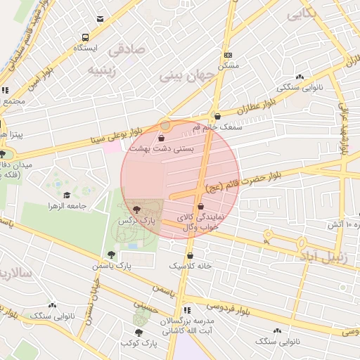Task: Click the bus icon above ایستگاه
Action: [x=85, y=37]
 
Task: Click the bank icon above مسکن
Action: [x=228, y=55]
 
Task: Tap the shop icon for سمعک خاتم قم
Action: [x=216, y=116]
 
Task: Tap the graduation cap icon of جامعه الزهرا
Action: [x=67, y=195]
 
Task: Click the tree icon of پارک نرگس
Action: [x=136, y=209]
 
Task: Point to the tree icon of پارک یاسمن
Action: [x=111, y=255]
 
